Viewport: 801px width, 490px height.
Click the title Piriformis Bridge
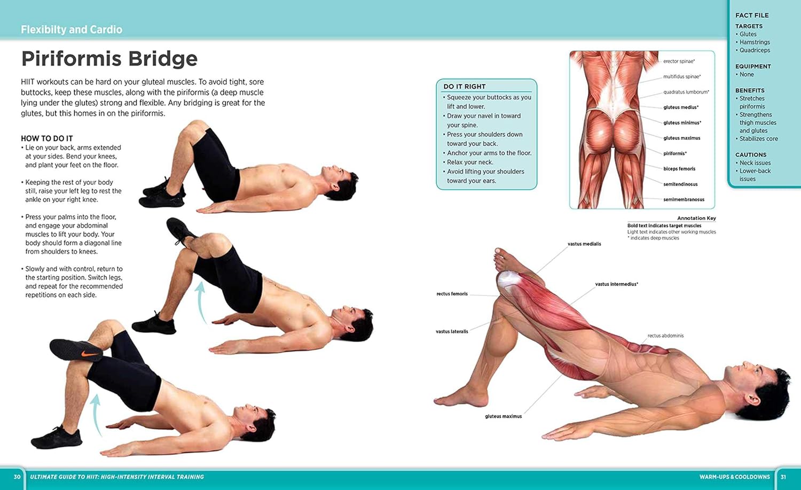pyautogui.click(x=109, y=59)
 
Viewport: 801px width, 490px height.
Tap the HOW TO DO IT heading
pyautogui.click(x=47, y=138)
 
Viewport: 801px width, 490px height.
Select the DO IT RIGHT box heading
pyautogui.click(x=465, y=87)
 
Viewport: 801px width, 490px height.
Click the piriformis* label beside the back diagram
pyautogui.click(x=675, y=154)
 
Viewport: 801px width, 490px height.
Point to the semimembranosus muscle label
pyautogui.click(x=684, y=200)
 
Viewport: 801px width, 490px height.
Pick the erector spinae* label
pyautogui.click(x=679, y=61)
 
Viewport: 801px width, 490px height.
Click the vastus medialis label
pyautogui.click(x=584, y=244)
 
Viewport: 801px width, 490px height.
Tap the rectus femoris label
pyautogui.click(x=452, y=294)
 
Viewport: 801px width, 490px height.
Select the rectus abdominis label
pyautogui.click(x=665, y=336)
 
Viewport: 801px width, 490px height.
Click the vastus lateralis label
pyautogui.click(x=452, y=332)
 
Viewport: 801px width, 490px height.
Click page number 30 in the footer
pyautogui.click(x=17, y=477)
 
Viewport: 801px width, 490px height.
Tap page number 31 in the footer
pyautogui.click(x=783, y=477)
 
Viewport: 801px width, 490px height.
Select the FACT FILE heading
pyautogui.click(x=752, y=15)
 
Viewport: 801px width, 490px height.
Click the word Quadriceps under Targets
pyautogui.click(x=755, y=50)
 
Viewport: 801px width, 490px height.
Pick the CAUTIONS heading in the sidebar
pyautogui.click(x=751, y=155)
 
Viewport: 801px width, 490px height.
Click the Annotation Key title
pyautogui.click(x=696, y=218)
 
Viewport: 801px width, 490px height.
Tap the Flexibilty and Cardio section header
pyautogui.click(x=72, y=30)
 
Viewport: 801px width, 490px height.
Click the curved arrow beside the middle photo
pyautogui.click(x=201, y=302)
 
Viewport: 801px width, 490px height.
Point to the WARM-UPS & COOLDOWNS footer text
pyautogui.click(x=734, y=477)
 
